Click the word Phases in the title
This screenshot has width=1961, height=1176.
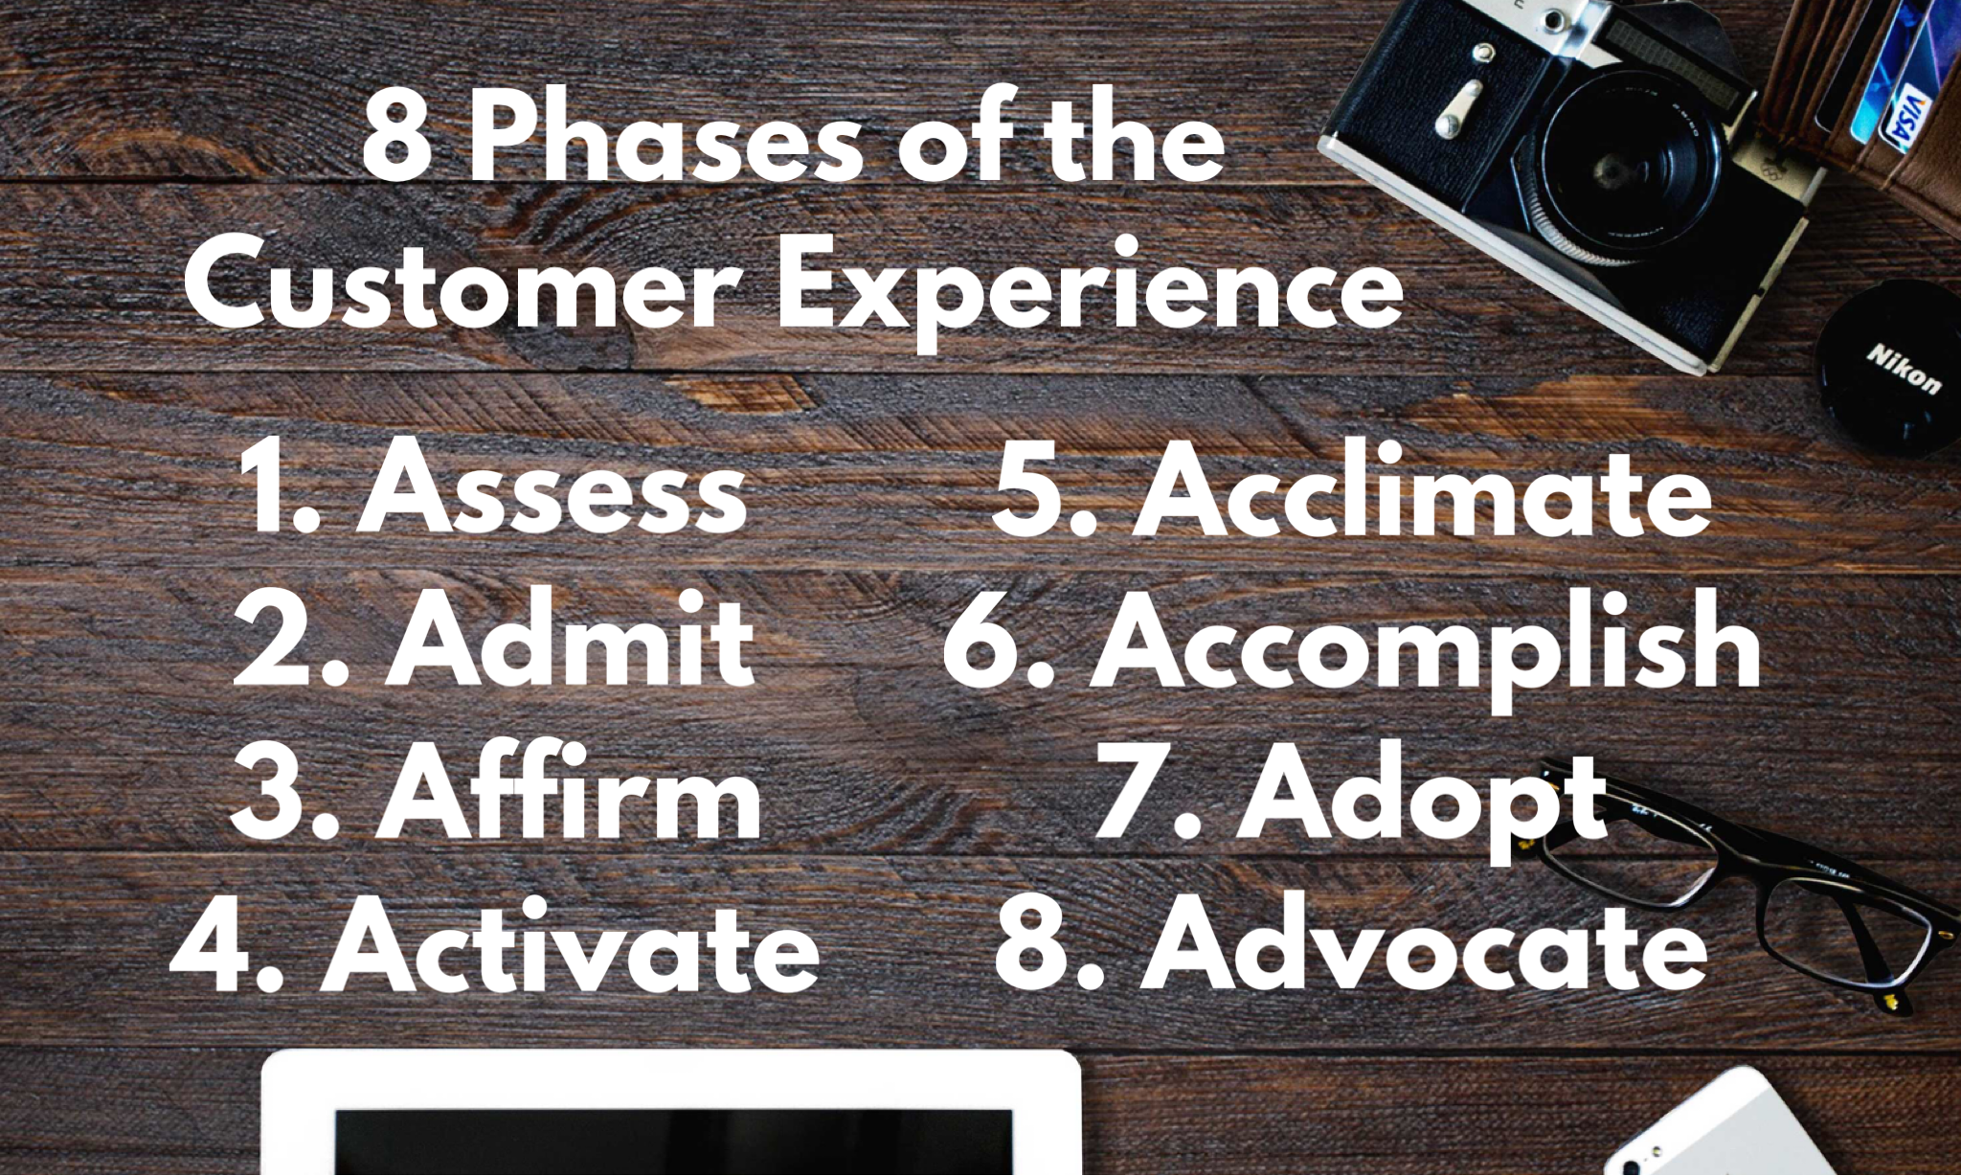coord(665,142)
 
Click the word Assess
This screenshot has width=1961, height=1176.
coord(552,488)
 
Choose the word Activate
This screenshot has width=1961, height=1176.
coord(571,945)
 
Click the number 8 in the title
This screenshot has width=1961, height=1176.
coord(395,142)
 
